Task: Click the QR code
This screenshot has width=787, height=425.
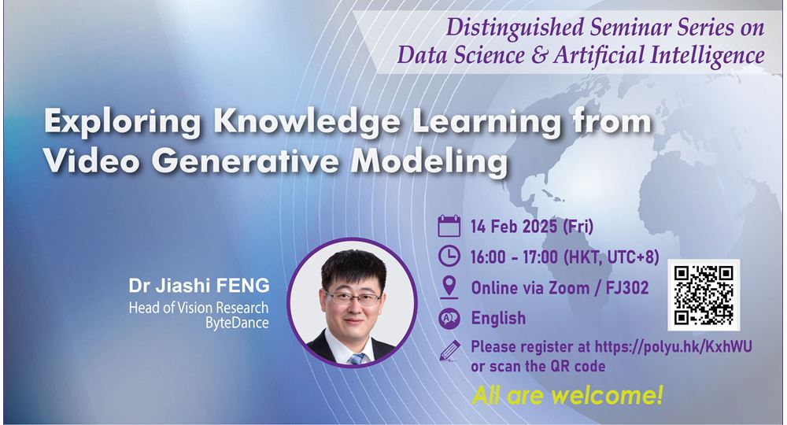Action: [704, 295]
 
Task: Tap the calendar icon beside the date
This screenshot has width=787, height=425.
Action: [449, 226]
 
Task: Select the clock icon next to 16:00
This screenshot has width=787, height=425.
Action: [449, 256]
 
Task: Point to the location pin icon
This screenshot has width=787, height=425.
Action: [449, 286]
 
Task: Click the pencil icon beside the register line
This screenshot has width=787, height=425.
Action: [449, 350]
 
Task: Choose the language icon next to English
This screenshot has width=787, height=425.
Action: [449, 318]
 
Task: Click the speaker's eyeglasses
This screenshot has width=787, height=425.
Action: [353, 298]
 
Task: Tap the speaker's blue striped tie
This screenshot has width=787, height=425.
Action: [357, 358]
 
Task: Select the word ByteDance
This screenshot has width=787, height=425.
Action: [237, 323]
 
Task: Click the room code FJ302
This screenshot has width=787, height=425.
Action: [627, 287]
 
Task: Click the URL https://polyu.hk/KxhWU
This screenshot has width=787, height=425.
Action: [673, 346]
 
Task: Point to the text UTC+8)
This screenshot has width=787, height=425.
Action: [633, 257]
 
